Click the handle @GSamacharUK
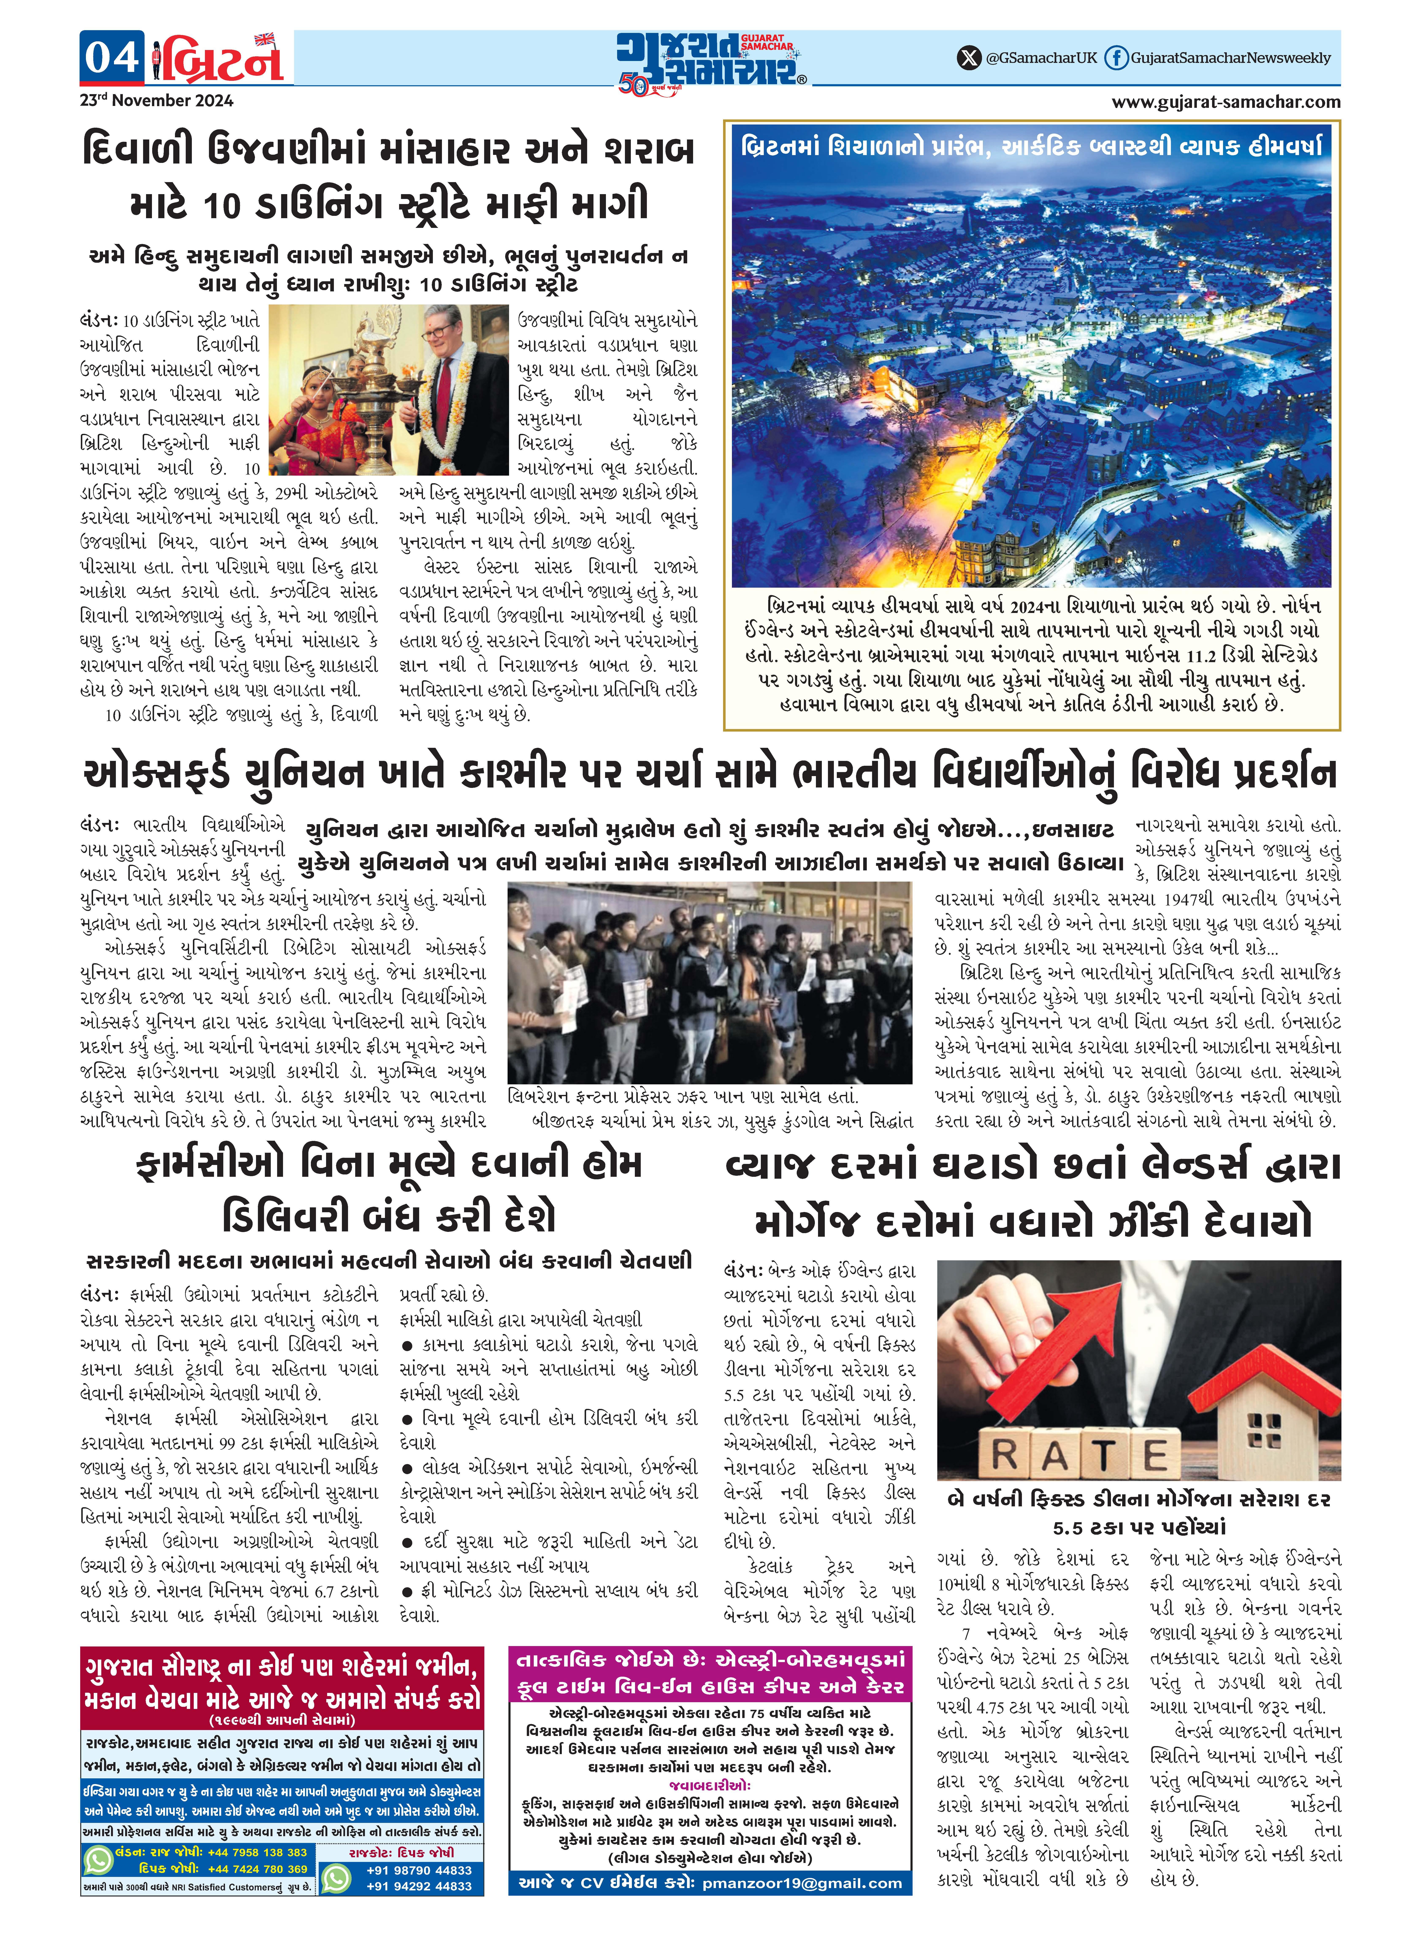pos(1041,58)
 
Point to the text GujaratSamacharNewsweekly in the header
pos(1230,58)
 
